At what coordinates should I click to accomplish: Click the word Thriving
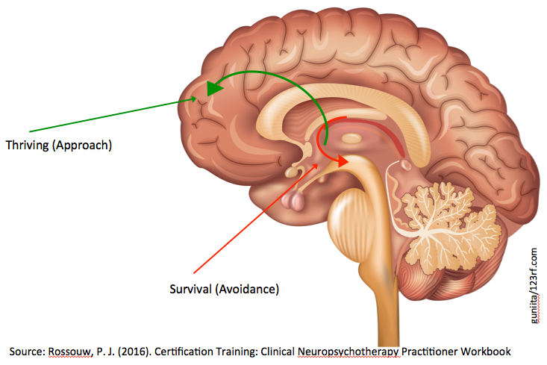(x=28, y=145)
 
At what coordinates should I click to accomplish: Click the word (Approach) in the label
(x=82, y=145)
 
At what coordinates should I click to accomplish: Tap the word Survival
(x=191, y=289)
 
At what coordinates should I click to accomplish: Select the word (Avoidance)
(x=247, y=290)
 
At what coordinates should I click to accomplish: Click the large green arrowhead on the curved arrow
(x=213, y=88)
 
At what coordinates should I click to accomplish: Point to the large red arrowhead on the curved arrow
(x=343, y=161)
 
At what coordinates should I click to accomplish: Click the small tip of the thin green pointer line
(x=196, y=99)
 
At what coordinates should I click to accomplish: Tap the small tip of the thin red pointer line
(x=317, y=165)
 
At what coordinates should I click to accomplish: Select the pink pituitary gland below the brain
(x=294, y=201)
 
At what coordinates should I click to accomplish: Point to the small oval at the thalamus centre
(x=351, y=139)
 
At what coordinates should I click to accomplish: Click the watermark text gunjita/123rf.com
(x=534, y=285)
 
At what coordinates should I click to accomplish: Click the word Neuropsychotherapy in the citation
(x=348, y=352)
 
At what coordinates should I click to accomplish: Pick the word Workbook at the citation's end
(x=486, y=352)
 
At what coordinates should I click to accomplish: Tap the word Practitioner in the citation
(x=429, y=352)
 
